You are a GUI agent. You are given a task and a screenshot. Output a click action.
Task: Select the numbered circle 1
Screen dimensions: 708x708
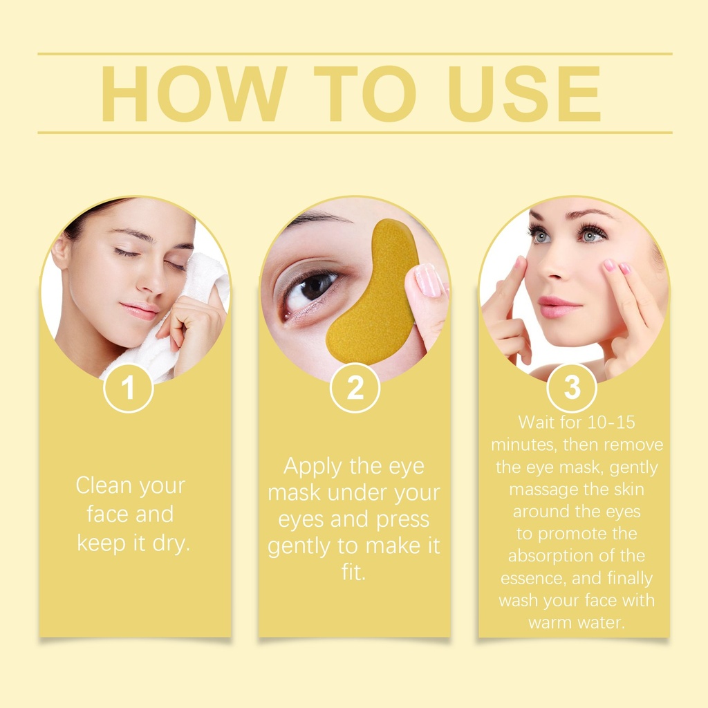pos(128,388)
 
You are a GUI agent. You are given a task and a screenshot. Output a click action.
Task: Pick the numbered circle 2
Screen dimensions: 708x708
pos(355,388)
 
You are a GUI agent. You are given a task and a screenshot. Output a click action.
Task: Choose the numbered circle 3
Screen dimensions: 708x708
pos(572,388)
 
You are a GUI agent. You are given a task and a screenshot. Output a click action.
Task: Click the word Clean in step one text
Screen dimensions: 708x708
pos(104,486)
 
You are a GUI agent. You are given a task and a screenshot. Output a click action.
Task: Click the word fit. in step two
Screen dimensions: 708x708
pos(353,572)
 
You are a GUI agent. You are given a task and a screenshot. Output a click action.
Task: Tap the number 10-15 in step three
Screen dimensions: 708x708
pos(613,422)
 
